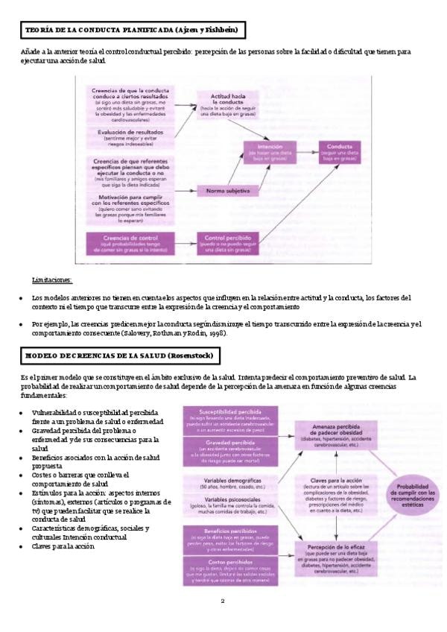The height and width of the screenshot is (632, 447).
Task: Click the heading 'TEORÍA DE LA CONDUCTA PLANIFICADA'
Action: pyautogui.click(x=131, y=31)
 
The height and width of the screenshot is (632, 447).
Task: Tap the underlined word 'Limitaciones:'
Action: pyautogui.click(x=52, y=279)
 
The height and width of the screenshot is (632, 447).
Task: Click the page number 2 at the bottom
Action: pyautogui.click(x=223, y=601)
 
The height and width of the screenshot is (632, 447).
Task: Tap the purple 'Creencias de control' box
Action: pyautogui.click(x=132, y=241)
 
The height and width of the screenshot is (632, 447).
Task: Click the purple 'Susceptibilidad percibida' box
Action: pyautogui.click(x=233, y=420)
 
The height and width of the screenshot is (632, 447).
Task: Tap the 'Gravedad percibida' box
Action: pyautogui.click(x=233, y=449)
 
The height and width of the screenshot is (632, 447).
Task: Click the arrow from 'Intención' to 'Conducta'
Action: pyautogui.click(x=303, y=151)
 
